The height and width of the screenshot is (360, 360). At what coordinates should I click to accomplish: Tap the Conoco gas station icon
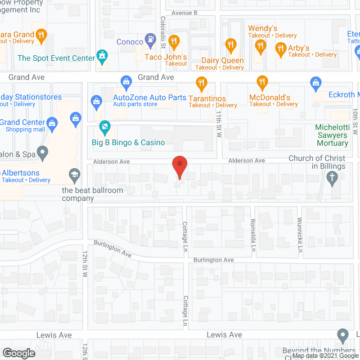pos(150,39)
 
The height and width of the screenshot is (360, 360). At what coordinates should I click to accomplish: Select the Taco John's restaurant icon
pos(174,40)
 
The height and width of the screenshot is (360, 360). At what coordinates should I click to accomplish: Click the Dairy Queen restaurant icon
pos(230,44)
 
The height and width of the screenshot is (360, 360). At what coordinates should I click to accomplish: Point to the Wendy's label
pos(263,28)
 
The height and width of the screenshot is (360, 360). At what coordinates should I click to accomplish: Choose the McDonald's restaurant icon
pos(261,82)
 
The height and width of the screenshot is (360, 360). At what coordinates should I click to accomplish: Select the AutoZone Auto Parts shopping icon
pos(96,101)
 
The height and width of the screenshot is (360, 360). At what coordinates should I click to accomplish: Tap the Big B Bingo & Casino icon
pos(103,127)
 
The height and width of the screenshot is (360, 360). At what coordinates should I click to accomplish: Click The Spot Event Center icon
pos(102,56)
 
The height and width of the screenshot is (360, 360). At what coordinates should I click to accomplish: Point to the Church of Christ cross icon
pos(332,178)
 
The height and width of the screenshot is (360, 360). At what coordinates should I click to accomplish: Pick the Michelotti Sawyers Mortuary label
pos(332,135)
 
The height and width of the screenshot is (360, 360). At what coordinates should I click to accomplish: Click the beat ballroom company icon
pos(75,177)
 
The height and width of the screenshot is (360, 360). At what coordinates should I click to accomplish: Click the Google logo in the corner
pos(19,353)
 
